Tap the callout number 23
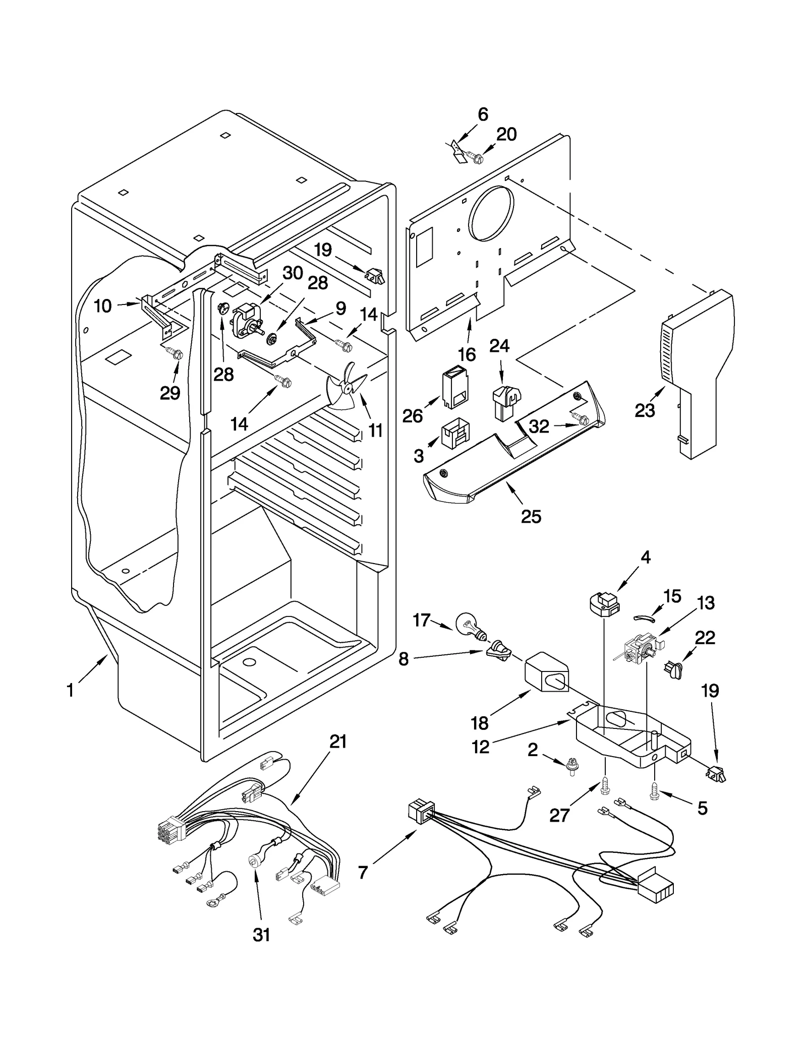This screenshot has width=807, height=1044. (645, 411)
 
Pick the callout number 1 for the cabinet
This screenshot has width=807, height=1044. (71, 690)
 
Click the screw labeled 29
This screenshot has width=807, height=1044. (177, 354)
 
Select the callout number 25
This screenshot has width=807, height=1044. (531, 516)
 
